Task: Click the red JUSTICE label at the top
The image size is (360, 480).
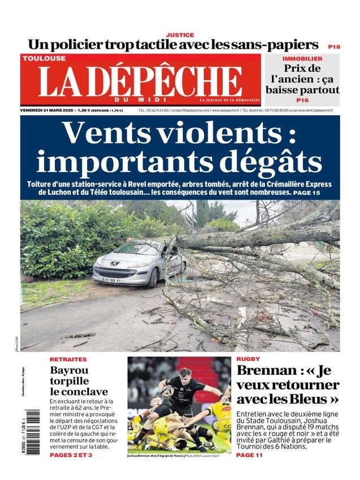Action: point(180,35)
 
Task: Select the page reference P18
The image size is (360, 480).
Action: point(334,46)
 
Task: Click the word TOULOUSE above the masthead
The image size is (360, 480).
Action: point(44,58)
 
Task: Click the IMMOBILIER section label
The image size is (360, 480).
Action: point(302,59)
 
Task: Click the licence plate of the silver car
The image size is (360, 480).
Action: point(112,280)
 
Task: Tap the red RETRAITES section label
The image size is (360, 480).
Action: point(68,360)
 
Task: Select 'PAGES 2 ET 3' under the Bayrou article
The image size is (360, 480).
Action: point(71,455)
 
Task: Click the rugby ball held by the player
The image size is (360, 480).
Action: point(168,390)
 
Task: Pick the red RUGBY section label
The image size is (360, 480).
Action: point(248,360)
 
